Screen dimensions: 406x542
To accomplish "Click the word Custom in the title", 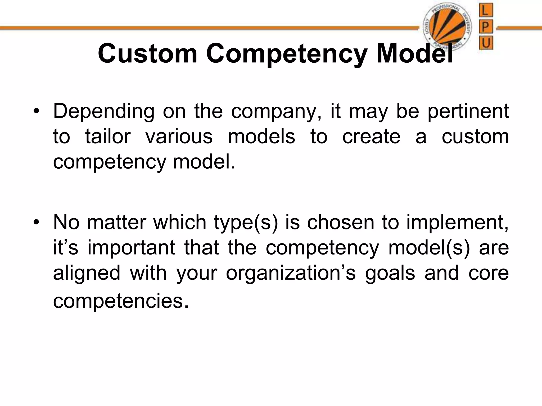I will tap(148, 54).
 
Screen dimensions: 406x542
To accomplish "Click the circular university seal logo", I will tap(447, 27).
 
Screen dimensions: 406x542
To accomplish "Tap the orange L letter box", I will tap(486, 11).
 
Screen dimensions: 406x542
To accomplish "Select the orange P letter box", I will tap(486, 27).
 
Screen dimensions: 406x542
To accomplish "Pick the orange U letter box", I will tap(486, 43).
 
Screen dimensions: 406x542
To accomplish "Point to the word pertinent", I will tap(468, 111).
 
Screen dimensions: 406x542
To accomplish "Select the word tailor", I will tap(108, 137).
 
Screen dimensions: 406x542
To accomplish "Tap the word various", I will tap(179, 137).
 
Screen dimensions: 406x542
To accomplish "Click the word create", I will tap(371, 137).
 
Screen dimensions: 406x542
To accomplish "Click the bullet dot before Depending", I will tap(36, 112).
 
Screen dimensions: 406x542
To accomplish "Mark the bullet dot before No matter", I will tap(36, 223).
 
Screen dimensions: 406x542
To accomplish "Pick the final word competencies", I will tap(121, 301).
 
